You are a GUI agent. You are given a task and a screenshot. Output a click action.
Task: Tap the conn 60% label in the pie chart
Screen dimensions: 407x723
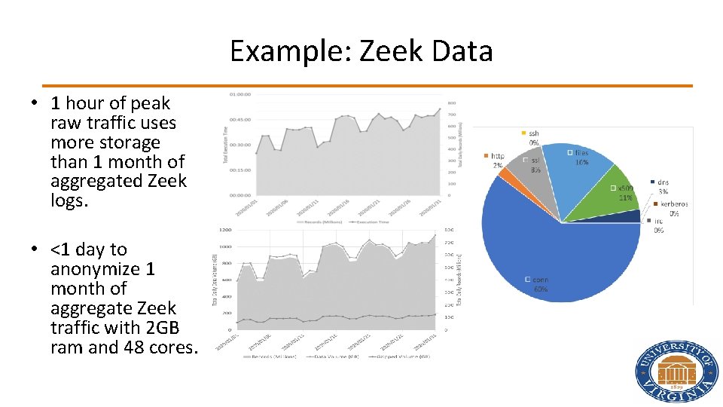pyautogui.click(x=540, y=284)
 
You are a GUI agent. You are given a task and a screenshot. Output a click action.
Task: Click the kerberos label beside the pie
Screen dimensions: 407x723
pyautogui.click(x=673, y=203)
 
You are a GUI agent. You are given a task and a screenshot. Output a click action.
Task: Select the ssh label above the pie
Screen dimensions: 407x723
pyautogui.click(x=533, y=133)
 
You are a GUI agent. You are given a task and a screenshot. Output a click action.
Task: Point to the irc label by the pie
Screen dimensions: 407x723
pyautogui.click(x=657, y=221)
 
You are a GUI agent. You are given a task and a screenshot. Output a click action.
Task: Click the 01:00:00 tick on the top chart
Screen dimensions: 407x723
pyautogui.click(x=242, y=94)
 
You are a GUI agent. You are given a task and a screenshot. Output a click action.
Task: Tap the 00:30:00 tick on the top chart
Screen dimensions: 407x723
pyautogui.click(x=242, y=145)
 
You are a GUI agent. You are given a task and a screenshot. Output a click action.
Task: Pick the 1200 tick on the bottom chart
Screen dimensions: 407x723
pyautogui.click(x=225, y=229)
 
